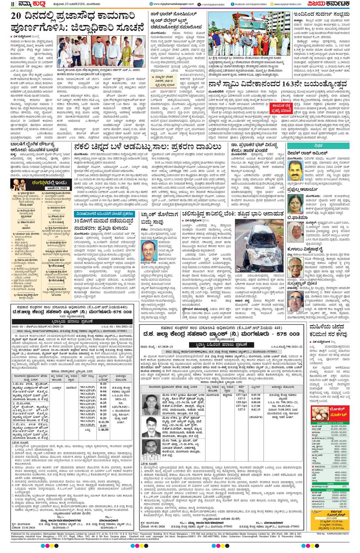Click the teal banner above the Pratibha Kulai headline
[104, 213]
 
